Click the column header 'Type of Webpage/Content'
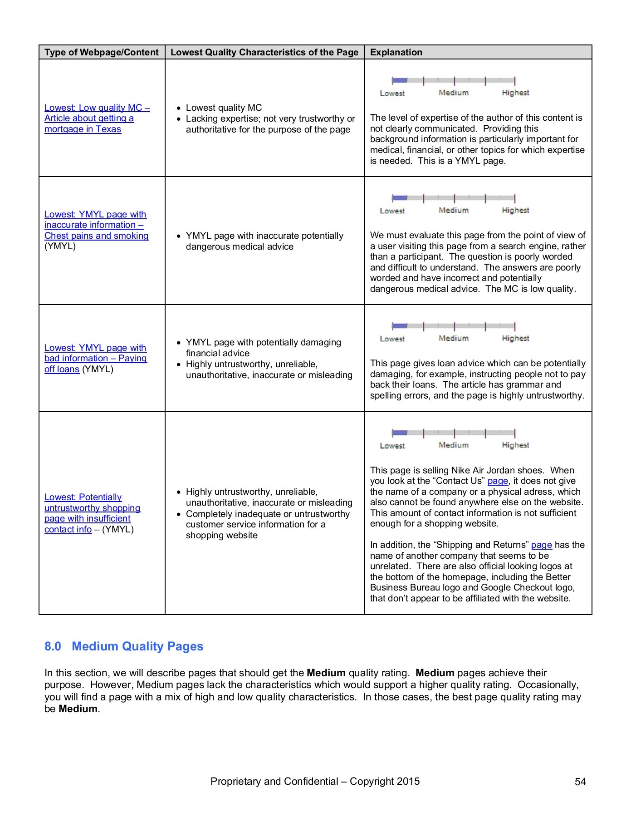102,52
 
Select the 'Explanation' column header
396,52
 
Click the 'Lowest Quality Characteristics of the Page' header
264,52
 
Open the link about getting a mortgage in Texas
97,118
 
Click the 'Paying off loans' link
95,359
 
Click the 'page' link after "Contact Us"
498,481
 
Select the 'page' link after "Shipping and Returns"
541,545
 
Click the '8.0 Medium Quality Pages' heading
124,646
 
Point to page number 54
580,782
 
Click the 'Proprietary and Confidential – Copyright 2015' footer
315,782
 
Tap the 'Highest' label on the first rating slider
515,93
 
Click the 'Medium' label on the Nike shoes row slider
453,445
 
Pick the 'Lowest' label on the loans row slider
392,339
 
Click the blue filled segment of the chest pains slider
399,198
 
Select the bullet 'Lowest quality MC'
224,108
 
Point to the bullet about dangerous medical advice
264,241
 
